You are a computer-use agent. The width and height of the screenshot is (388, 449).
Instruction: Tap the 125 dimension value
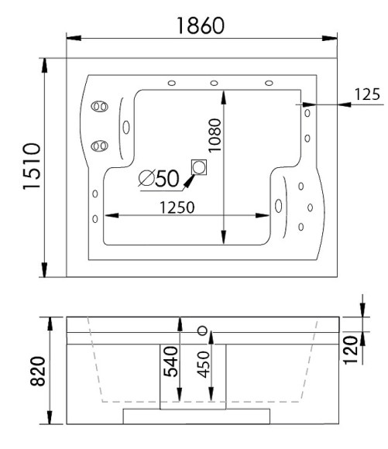pyautogui.click(x=366, y=94)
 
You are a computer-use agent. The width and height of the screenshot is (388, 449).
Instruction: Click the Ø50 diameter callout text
pyautogui.click(x=159, y=179)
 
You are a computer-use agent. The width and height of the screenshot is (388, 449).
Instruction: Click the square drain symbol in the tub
pyautogui.click(x=200, y=167)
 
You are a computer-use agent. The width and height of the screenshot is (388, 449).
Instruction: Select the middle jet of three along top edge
pyautogui.click(x=211, y=83)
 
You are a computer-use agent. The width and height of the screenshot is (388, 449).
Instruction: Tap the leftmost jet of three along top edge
pyautogui.click(x=171, y=83)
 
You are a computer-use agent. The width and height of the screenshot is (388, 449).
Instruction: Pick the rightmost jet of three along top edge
pyautogui.click(x=269, y=83)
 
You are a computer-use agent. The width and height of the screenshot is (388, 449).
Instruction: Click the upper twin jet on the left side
pyautogui.click(x=99, y=107)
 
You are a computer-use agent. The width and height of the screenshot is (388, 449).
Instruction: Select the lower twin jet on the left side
pyautogui.click(x=99, y=145)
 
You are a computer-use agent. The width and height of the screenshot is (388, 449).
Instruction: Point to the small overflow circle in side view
pyautogui.click(x=203, y=331)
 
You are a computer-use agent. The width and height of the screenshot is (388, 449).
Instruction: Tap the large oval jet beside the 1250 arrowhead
pyautogui.click(x=278, y=206)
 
